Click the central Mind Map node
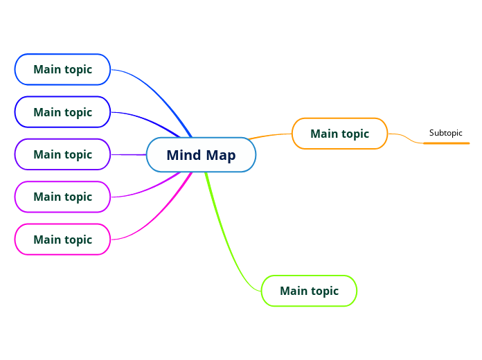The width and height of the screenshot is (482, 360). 201,154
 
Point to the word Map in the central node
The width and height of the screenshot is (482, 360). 221,155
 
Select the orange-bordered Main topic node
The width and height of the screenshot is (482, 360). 339,134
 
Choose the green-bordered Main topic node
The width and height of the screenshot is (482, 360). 309,291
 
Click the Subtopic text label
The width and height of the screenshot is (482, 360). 445,133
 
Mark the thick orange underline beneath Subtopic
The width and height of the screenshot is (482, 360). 446,143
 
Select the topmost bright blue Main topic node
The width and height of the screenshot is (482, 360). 62,69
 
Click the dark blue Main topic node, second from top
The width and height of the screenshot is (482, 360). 62,112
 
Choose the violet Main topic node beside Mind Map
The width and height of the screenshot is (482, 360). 62,154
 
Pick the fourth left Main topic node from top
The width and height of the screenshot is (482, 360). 62,197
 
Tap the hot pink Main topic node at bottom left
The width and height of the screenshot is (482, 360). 62,240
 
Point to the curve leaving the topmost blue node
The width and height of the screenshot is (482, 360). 159,90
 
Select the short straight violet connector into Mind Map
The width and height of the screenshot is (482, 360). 129,154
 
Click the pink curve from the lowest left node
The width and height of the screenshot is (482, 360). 159,218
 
